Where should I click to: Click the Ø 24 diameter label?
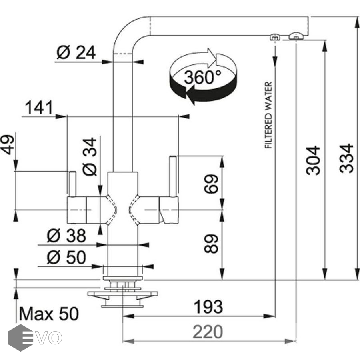tap(76, 52)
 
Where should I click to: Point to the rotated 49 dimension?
tap(8, 144)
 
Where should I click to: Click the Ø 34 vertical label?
tap(90, 156)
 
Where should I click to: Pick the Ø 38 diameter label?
tap(66, 236)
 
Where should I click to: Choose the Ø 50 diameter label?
tap(66, 258)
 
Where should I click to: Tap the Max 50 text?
tap(49, 314)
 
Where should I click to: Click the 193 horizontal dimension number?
tap(208, 307)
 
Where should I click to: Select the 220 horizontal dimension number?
tap(208, 332)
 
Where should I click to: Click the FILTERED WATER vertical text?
tap(268, 115)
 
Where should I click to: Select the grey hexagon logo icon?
tap(20, 338)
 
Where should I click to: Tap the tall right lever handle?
tap(173, 176)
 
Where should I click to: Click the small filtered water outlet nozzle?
tap(274, 38)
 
